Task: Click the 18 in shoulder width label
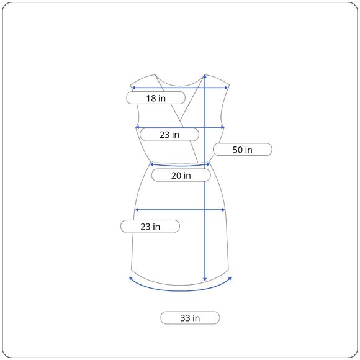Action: coord(156,98)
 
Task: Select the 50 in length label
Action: coord(243,150)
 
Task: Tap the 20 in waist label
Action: coord(181,176)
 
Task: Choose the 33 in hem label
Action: coord(190,318)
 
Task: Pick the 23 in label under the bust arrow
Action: coord(169,135)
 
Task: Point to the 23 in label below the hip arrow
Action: coord(150,227)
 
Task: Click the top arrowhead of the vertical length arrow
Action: coord(205,77)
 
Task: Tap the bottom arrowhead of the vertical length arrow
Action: coord(205,279)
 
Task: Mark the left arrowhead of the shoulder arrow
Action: coord(133,88)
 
